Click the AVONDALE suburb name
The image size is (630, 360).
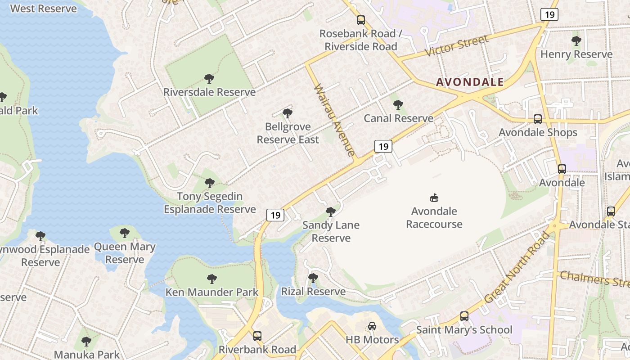click(470, 82)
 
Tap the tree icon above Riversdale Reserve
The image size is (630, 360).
click(209, 79)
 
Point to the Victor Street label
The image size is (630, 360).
click(457, 46)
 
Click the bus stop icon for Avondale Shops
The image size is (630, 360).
click(537, 119)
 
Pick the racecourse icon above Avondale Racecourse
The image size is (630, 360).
click(434, 198)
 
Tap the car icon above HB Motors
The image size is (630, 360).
click(372, 326)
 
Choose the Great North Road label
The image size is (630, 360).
click(517, 268)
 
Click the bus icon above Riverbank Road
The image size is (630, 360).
click(257, 336)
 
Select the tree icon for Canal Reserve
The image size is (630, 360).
click(398, 105)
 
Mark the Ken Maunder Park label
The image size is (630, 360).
click(212, 292)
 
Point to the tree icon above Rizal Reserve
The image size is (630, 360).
click(313, 278)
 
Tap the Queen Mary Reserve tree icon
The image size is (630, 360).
click(125, 233)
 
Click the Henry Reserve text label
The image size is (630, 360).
click(576, 54)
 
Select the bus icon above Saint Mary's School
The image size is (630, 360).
click(464, 316)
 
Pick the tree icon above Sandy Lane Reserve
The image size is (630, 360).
click(331, 211)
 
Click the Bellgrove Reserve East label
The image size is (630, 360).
click(288, 133)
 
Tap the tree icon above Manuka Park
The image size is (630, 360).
click(86, 341)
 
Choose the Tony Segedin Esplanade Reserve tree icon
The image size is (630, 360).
click(209, 183)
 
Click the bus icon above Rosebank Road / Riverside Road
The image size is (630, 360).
click(360, 20)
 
